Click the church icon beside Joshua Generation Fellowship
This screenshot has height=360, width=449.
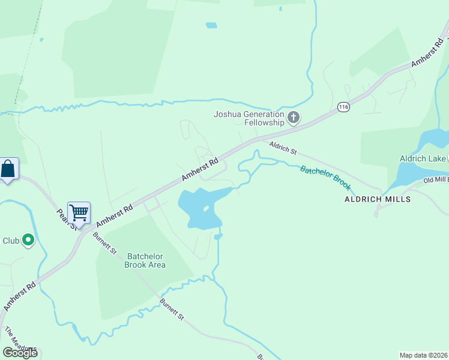(x=294, y=118)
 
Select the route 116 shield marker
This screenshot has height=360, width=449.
(x=343, y=107)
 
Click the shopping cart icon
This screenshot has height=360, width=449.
(x=79, y=212)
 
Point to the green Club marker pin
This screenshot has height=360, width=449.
(x=28, y=241)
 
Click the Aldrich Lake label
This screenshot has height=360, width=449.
(x=423, y=158)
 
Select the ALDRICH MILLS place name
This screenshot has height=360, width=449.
(x=378, y=199)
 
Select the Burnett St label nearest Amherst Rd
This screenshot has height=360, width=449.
(x=104, y=241)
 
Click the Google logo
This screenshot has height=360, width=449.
(x=20, y=352)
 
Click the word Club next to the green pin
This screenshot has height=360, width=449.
(x=11, y=241)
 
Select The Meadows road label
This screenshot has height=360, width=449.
(x=19, y=341)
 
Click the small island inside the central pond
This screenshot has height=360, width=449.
(x=206, y=209)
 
